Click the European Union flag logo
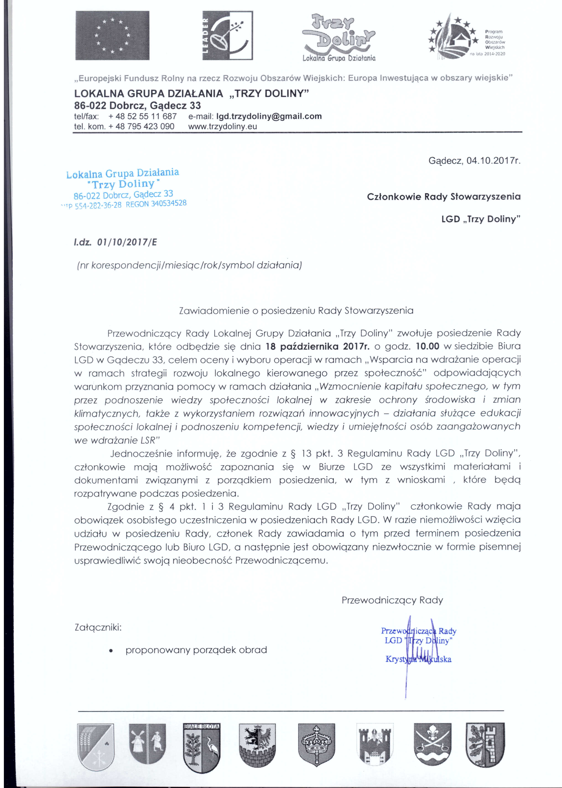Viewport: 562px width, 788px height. pos(112,35)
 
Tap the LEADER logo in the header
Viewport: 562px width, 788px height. pos(227,35)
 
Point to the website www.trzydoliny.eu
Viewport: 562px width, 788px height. pos(223,126)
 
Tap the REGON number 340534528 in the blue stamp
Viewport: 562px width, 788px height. pos(156,203)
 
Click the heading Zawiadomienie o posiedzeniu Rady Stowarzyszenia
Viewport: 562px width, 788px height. pos(296,311)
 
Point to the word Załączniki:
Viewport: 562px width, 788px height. pos(98,627)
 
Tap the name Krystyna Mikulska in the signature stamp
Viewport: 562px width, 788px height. pos(418,659)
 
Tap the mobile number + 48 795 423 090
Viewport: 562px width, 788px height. pos(141,126)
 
